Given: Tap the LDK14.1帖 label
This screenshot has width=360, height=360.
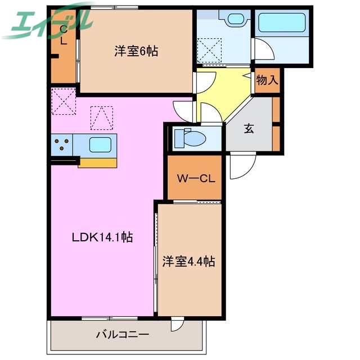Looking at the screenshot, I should (102, 237).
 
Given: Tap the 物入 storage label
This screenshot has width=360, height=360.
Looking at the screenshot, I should (267, 79).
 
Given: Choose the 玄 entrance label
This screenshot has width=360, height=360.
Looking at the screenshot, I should (249, 128).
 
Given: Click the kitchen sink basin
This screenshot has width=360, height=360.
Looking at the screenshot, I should (100, 145).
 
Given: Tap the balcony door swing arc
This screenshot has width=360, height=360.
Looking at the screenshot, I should (178, 325).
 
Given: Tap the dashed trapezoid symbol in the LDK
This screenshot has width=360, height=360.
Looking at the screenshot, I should (101, 118).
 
